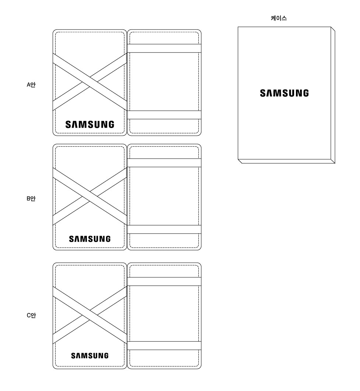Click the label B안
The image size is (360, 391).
pos(31,199)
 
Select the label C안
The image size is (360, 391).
pos(31,315)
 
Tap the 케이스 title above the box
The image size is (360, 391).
pos(279,18)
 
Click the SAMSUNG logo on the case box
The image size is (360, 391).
pos(284,93)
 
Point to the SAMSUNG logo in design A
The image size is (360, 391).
pos(90,124)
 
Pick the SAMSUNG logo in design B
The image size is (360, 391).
pos(90,239)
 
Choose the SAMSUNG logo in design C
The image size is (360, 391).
pos(90,356)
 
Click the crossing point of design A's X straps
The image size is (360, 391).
pos(90,82)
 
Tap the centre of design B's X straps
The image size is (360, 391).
pos(90,196)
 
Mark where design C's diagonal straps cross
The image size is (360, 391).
pos(90,315)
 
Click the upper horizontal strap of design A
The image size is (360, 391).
pos(164,48)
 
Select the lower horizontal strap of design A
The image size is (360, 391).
pos(164,114)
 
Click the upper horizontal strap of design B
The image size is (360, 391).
pos(164,163)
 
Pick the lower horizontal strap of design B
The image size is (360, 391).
pos(164,229)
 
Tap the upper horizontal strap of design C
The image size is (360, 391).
pos(164,281)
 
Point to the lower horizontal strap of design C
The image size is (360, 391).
pos(164,345)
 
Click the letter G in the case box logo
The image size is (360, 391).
pos(305,93)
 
